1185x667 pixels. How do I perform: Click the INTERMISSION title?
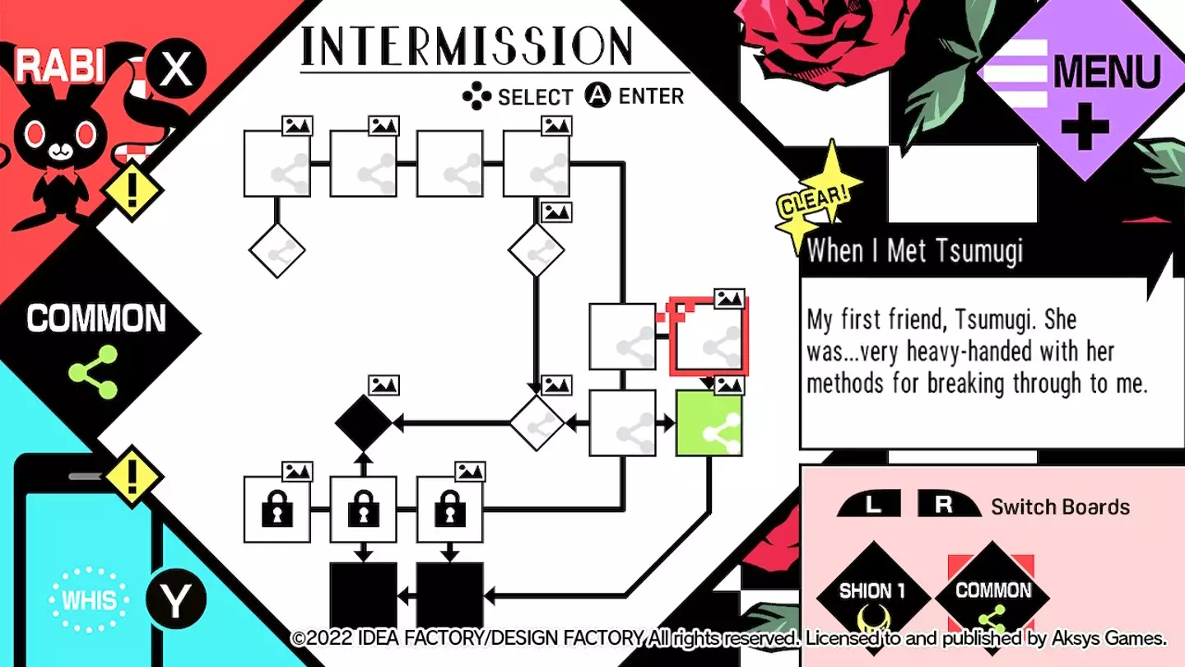coord(467,46)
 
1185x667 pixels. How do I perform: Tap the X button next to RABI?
coord(175,69)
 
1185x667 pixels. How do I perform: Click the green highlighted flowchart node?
coord(709,423)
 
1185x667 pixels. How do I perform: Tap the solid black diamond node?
coord(363,423)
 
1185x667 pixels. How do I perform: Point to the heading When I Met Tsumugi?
coord(915,250)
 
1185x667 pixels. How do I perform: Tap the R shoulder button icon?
coord(945,505)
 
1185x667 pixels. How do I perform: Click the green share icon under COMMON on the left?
coord(94,371)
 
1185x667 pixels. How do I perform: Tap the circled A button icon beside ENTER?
coord(597,96)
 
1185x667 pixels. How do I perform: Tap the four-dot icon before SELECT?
coord(476,96)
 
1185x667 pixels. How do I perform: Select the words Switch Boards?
coord(1060,506)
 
